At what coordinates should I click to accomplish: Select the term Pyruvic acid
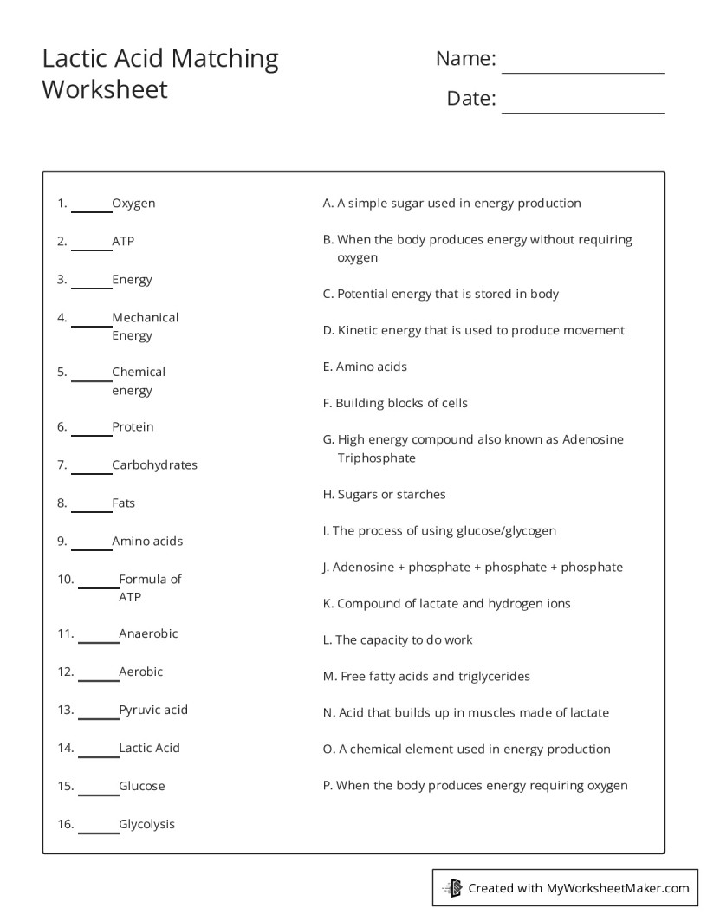coord(153,710)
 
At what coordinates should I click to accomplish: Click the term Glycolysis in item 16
coord(146,824)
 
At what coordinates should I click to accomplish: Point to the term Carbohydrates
coord(154,464)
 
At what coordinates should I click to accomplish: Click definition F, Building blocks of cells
coord(395,403)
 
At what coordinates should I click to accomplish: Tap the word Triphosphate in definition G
coord(376,457)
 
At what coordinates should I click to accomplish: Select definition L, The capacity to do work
coord(398,639)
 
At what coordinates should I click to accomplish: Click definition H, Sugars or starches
coord(384,494)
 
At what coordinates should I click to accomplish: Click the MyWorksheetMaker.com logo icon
coord(451,887)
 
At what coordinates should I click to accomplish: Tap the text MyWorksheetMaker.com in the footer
coord(617,887)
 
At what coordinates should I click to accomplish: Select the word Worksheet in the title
coord(104,89)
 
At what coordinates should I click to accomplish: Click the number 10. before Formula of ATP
coord(66,579)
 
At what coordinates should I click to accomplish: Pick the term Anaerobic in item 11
coord(148,633)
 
